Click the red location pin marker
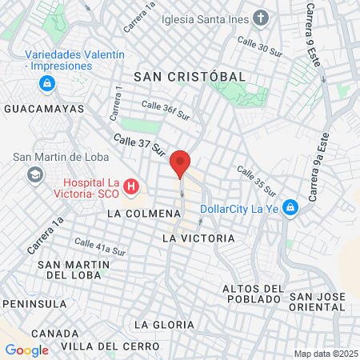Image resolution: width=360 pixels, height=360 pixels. [x=181, y=163]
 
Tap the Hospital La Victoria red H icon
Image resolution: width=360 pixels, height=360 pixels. [x=132, y=188]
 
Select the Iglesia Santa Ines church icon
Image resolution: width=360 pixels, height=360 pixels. [x=261, y=18]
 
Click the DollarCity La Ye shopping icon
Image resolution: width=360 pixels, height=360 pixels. [x=290, y=209]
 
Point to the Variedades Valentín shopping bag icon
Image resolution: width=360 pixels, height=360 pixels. [x=47, y=82]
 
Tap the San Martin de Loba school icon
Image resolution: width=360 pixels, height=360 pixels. [x=34, y=174]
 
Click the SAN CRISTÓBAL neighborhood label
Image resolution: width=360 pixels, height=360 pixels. [x=190, y=75]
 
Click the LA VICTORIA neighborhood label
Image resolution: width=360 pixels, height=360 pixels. [x=198, y=238]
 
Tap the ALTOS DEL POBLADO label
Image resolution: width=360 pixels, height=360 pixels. [x=253, y=294]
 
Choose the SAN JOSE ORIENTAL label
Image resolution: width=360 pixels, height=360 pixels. [x=317, y=302]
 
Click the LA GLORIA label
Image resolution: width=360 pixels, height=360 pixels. [x=164, y=324]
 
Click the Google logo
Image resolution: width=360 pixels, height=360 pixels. [x=26, y=350]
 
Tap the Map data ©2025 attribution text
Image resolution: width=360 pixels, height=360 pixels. [x=325, y=354]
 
